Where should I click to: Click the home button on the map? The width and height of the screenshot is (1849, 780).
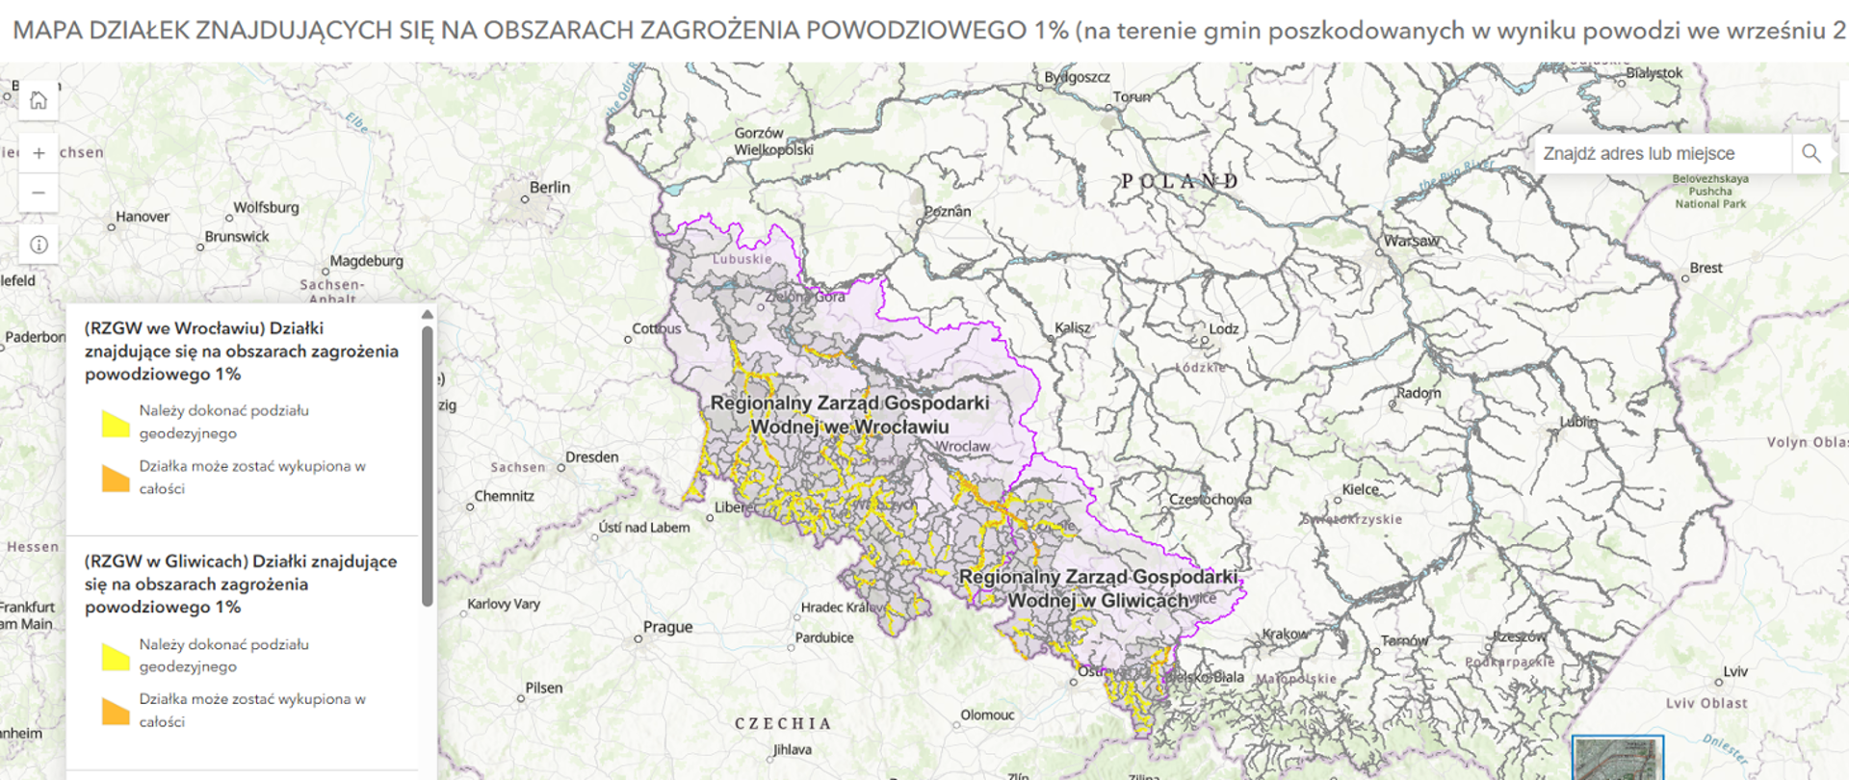[39, 100]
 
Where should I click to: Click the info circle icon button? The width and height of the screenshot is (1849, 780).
[39, 245]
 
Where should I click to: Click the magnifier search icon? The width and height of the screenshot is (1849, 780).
[1810, 153]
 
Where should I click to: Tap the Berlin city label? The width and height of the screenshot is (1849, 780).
[549, 188]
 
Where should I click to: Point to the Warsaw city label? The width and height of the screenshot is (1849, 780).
[1411, 241]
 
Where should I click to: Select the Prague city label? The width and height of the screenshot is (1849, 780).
[667, 627]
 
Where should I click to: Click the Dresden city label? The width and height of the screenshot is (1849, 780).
[591, 457]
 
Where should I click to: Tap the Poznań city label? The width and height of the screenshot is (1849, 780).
[948, 211]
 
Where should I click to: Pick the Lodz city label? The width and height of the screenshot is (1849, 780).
[1223, 328]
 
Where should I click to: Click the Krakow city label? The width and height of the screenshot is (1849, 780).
[1285, 635]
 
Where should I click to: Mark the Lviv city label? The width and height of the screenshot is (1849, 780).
[1735, 671]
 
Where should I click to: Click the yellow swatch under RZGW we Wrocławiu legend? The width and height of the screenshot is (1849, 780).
[116, 423]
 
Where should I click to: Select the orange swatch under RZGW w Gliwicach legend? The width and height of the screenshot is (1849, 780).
[116, 711]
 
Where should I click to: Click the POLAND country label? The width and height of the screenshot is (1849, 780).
[1180, 181]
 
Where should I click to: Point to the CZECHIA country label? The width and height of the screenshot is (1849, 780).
[782, 723]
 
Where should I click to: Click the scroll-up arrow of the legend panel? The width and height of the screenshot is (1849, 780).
[427, 315]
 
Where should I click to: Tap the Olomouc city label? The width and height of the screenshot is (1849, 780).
[987, 715]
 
